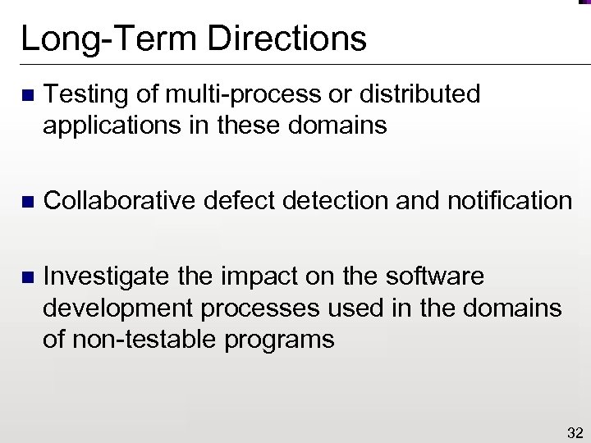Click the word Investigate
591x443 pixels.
pos(109,278)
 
